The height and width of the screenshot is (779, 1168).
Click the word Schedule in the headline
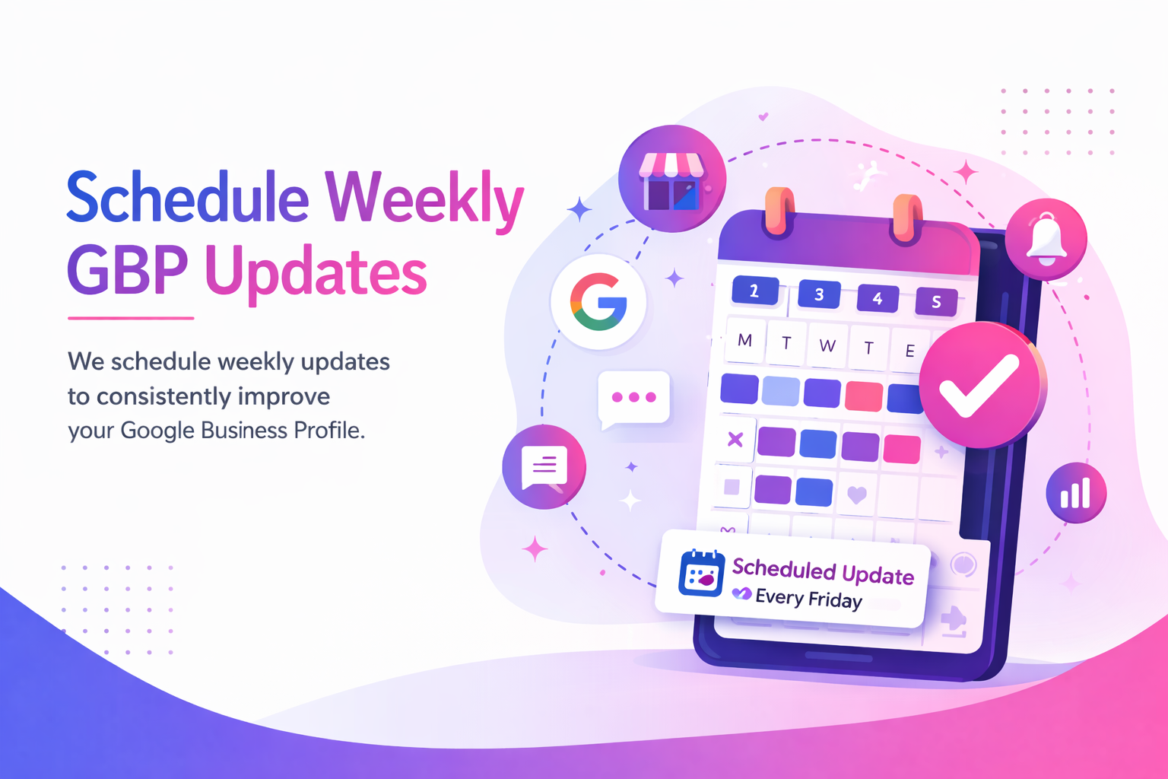(187, 198)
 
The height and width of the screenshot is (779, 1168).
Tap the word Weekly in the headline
(424, 199)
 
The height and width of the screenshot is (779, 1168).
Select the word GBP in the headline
(127, 271)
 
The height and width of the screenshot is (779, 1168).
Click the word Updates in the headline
(316, 272)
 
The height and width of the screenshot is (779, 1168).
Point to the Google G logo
(599, 302)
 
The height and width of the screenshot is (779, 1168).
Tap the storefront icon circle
(671, 180)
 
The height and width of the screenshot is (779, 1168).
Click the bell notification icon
(1046, 240)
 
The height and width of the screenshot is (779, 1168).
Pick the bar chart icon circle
(1075, 493)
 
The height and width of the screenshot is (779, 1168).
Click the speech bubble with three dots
(633, 398)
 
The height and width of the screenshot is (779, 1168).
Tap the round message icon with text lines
(544, 466)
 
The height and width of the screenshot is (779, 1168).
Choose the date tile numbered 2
(754, 291)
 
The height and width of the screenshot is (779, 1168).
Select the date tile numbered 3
(819, 294)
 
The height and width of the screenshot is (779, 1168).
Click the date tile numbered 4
(878, 298)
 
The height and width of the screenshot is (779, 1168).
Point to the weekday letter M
(745, 341)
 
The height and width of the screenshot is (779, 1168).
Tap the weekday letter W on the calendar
(827, 346)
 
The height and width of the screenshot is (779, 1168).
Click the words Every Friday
(808, 599)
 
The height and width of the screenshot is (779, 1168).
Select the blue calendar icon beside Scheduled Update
(701, 574)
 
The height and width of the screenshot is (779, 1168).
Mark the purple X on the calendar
(735, 439)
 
